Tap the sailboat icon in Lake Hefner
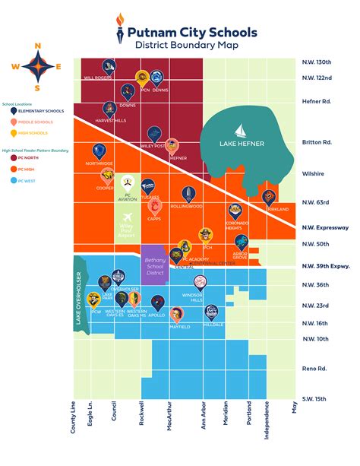click(238, 129)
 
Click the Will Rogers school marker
click(109, 66)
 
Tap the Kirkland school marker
click(269, 198)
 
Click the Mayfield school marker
click(176, 314)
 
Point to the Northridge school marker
click(98, 151)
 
